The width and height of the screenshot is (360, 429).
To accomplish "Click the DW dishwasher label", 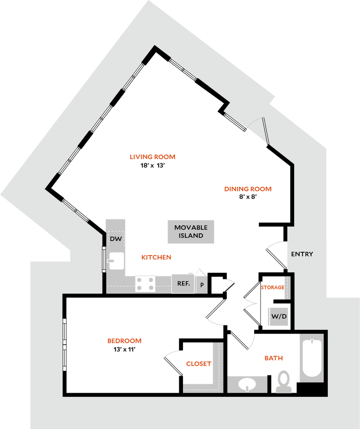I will (116, 239).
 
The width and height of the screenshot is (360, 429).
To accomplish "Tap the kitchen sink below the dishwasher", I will (116, 261).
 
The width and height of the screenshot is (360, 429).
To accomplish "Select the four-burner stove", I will (145, 283).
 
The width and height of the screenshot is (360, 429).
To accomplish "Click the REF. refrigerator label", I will (183, 284).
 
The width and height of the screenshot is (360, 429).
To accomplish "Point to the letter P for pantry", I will (202, 284).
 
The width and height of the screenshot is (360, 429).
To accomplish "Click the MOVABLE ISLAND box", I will (191, 232).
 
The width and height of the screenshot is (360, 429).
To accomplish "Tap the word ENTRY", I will (302, 254).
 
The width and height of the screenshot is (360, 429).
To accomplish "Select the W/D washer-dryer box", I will (278, 316).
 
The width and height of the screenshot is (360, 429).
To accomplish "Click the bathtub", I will (312, 357).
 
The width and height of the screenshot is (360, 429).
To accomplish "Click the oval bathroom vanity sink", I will (247, 384).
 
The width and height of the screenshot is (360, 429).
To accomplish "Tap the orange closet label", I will (198, 364).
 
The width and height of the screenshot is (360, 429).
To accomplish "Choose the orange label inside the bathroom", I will (273, 359).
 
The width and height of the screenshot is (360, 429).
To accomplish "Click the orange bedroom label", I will (124, 341).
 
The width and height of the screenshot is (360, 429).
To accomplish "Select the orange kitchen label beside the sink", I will (157, 257).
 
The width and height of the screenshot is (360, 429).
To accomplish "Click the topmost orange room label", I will (152, 157).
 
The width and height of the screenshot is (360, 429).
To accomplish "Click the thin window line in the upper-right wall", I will (265, 130).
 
